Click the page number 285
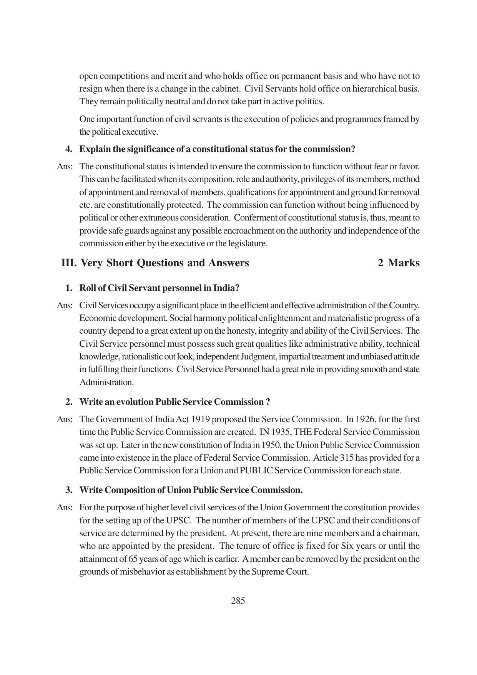coord(238,601)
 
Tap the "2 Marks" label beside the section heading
coord(399,263)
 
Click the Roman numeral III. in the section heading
coord(69,263)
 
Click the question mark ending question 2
coord(268,402)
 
